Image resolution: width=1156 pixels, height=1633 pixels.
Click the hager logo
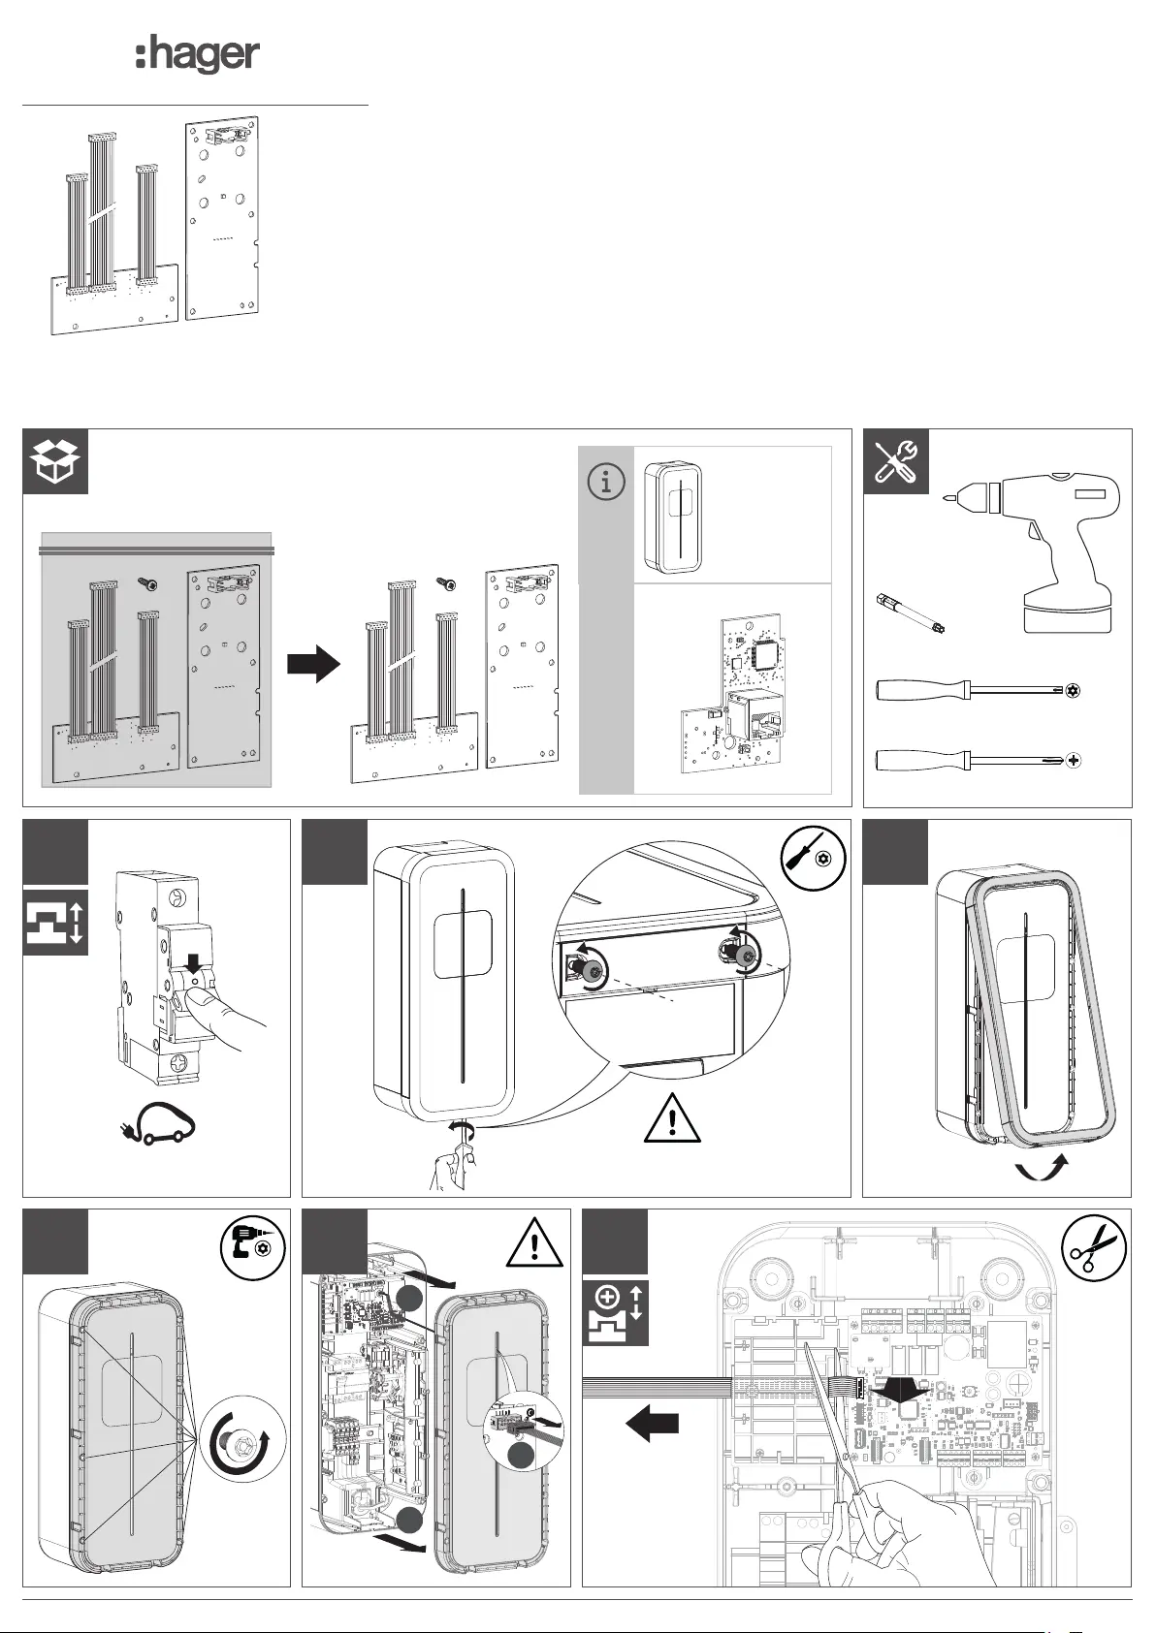(x=197, y=55)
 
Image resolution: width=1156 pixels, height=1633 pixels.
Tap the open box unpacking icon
(x=55, y=461)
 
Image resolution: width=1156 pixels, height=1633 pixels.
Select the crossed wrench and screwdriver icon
(x=895, y=461)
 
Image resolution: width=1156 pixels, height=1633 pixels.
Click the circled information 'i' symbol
(x=606, y=482)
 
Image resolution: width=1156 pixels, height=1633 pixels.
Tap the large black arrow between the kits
(x=313, y=665)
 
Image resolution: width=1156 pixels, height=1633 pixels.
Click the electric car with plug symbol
(x=165, y=1126)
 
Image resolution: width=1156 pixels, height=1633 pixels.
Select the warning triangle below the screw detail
(x=672, y=1119)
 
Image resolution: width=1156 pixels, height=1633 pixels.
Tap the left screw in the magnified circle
(x=586, y=960)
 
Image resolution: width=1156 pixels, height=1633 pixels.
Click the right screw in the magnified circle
(x=742, y=957)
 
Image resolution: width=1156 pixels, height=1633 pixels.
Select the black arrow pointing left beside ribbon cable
(x=652, y=1424)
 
